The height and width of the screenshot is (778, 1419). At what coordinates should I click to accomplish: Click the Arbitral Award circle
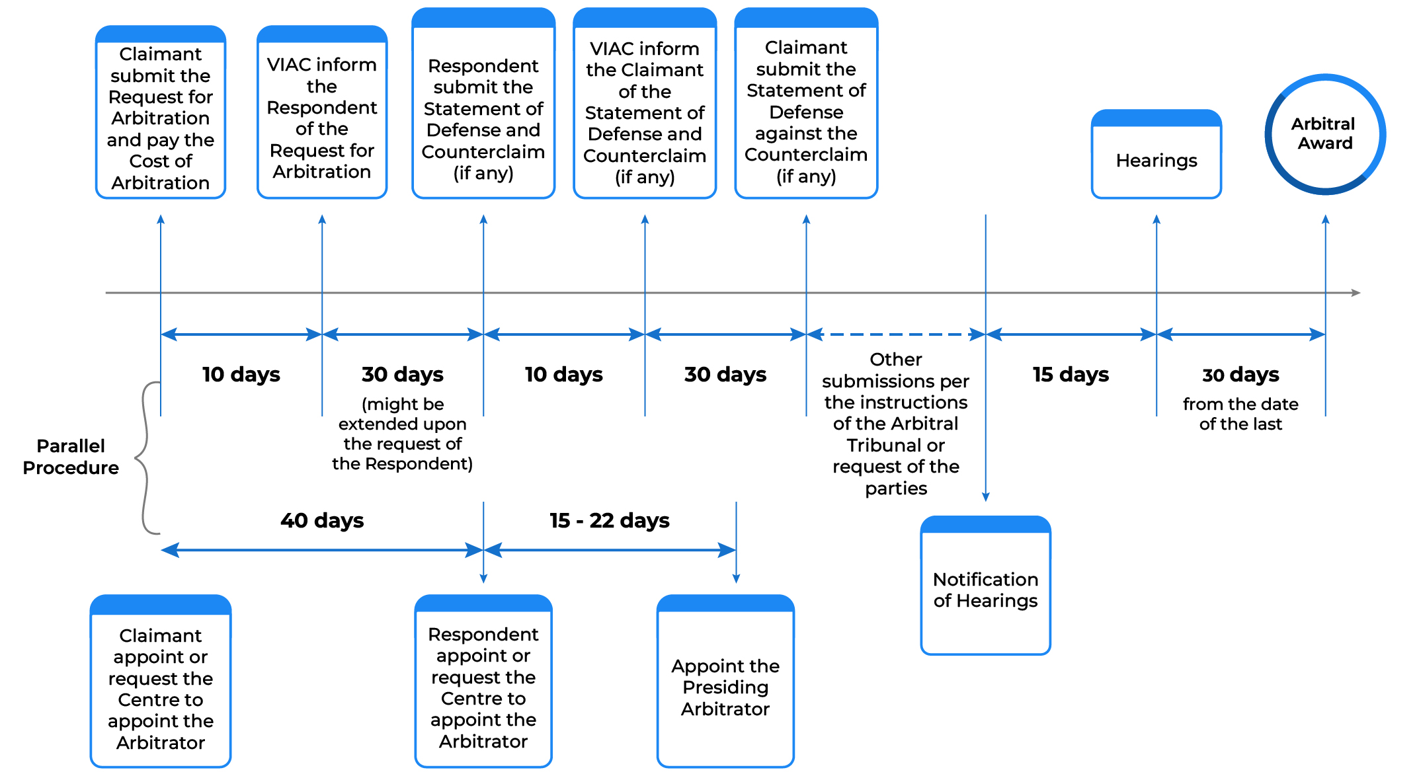pyautogui.click(x=1324, y=134)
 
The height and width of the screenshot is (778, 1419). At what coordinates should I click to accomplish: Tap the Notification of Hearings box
pyautogui.click(x=985, y=589)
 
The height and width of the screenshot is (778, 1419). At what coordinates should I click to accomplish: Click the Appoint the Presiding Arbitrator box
pyautogui.click(x=725, y=687)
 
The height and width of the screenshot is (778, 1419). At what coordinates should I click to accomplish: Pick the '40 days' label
pyautogui.click(x=322, y=520)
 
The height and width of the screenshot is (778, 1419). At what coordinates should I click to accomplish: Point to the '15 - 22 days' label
pyautogui.click(x=609, y=520)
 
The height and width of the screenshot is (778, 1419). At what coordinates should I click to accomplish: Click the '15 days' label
pyautogui.click(x=1071, y=374)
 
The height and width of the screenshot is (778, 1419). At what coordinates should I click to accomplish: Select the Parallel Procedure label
pyautogui.click(x=71, y=457)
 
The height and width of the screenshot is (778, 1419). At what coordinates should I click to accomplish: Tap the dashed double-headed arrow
pyautogui.click(x=896, y=334)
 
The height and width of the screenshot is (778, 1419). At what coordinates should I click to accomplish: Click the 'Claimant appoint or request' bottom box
pyautogui.click(x=161, y=688)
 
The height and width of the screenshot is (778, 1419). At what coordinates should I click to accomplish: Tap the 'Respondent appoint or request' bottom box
pyautogui.click(x=483, y=687)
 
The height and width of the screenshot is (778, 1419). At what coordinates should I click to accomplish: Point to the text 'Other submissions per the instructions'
pyautogui.click(x=896, y=423)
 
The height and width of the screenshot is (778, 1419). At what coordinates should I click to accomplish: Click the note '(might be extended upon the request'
pyautogui.click(x=402, y=434)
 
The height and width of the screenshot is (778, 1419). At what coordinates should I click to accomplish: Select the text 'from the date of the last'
pyautogui.click(x=1240, y=414)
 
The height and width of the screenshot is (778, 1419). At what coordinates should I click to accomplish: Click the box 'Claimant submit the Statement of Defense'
pyautogui.click(x=806, y=111)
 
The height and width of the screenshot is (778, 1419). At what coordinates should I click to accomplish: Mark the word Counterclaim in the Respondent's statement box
pyautogui.click(x=483, y=151)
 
